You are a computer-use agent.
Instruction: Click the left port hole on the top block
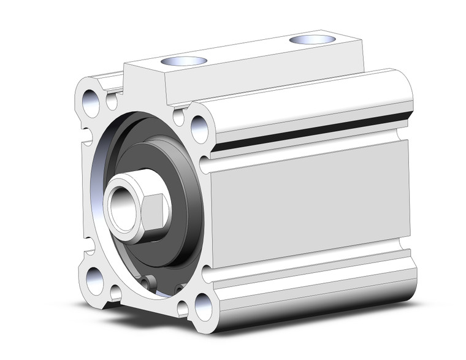point(183,61)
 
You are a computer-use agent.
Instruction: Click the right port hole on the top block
point(312,39)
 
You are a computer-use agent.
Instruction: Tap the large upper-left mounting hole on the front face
point(91,103)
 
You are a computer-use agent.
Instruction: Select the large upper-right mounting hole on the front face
point(200,128)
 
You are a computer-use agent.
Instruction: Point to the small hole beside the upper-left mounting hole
point(112,101)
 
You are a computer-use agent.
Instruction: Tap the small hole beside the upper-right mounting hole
point(179,116)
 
